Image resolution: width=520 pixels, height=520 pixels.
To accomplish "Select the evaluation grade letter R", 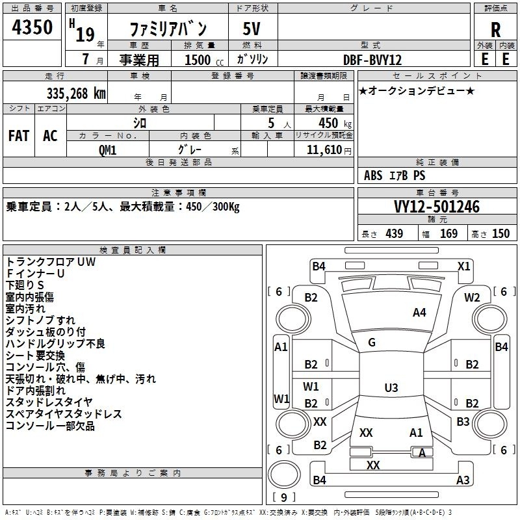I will (x=495, y=29).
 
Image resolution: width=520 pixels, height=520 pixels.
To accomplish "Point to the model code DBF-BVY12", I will (x=372, y=60).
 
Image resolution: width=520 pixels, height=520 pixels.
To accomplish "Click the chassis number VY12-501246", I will (x=437, y=207).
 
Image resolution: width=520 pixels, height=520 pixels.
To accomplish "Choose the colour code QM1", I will (x=107, y=149).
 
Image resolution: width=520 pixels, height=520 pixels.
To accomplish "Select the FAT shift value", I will (x=18, y=135).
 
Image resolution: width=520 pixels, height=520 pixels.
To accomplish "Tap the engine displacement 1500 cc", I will (x=198, y=60).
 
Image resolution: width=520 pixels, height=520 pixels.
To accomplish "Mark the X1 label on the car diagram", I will (x=464, y=266).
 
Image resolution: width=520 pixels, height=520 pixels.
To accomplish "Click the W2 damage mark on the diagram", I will (x=472, y=298).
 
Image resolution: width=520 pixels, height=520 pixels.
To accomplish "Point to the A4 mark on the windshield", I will (x=419, y=313).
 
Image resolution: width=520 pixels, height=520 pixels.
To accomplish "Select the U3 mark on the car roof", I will (x=391, y=388).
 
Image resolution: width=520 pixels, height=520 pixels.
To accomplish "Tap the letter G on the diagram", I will (x=372, y=343).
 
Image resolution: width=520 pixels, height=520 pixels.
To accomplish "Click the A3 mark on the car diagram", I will (x=463, y=480).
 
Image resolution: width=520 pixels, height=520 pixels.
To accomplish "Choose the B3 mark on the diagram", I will (x=463, y=422).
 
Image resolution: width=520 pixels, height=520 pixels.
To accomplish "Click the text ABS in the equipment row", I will (x=373, y=175).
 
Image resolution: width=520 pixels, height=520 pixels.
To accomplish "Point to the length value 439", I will (x=394, y=234).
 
